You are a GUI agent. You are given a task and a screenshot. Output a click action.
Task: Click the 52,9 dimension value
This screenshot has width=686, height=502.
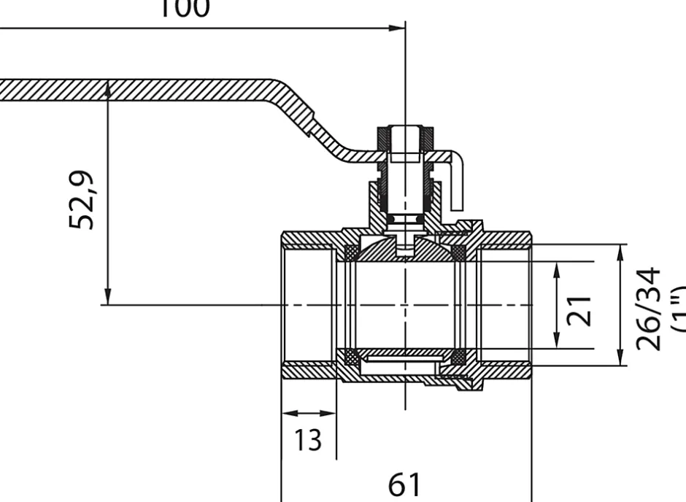click(x=82, y=201)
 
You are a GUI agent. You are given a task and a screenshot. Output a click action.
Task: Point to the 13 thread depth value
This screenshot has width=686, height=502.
click(x=309, y=440)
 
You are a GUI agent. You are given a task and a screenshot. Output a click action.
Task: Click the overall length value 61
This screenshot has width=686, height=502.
click(x=406, y=484)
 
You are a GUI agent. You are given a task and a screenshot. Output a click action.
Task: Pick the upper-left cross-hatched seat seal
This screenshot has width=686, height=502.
click(x=351, y=253)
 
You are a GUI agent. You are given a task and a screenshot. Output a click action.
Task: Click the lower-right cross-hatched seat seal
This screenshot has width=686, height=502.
click(x=458, y=357)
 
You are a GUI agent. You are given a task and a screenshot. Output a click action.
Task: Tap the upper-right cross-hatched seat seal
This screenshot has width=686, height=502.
click(x=458, y=253)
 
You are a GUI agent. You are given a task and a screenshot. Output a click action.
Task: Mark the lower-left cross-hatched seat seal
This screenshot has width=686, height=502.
click(x=351, y=357)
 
